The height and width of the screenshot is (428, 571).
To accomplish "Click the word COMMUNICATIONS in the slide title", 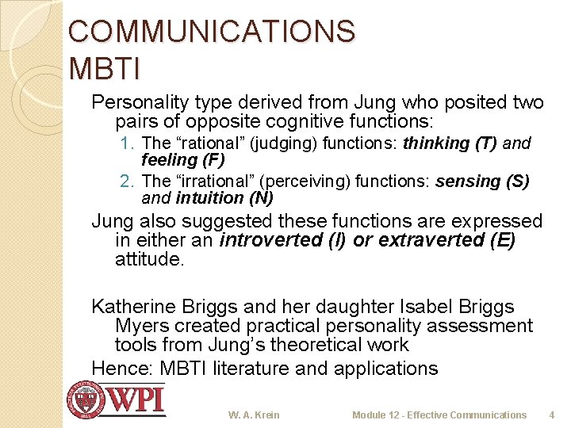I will [212, 32].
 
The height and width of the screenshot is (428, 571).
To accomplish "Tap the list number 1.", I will [129, 143].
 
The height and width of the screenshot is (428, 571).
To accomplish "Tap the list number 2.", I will [129, 182].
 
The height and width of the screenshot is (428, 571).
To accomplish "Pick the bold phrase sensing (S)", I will [482, 182].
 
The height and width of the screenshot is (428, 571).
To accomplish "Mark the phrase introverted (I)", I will [283, 240].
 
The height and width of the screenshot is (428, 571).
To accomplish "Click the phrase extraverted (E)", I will [446, 240].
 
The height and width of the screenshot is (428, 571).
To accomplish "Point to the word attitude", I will [149, 259].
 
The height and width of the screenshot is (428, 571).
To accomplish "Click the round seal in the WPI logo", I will [86, 400].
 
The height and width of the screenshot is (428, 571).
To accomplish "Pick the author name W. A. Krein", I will [254, 415].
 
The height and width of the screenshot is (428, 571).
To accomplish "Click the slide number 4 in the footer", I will [551, 415].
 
